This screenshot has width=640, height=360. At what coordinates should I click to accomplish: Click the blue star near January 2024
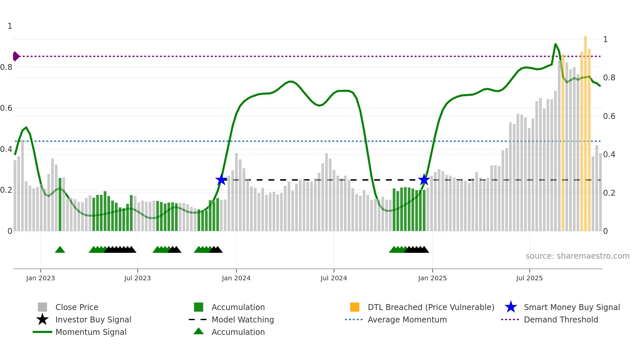(221, 180)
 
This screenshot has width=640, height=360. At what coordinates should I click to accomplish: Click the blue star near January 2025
(424, 180)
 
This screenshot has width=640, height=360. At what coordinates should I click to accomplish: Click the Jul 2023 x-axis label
(137, 278)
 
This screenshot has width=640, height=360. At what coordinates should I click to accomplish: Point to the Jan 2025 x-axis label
(432, 278)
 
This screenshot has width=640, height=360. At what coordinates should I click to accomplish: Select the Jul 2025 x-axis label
(529, 278)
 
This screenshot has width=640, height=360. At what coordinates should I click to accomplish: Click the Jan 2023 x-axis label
(40, 278)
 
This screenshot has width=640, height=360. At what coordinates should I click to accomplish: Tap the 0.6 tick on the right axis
(609, 116)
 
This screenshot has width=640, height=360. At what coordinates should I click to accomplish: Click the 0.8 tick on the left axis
(6, 67)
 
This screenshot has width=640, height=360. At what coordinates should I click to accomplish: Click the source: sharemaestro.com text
(577, 256)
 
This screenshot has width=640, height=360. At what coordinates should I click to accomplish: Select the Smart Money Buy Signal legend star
(511, 307)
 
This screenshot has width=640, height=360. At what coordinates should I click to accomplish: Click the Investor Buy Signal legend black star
(42, 319)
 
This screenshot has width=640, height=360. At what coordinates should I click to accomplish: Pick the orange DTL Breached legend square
(355, 307)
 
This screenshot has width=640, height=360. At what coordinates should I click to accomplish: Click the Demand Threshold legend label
(561, 319)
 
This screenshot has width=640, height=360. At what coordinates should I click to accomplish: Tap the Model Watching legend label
(243, 319)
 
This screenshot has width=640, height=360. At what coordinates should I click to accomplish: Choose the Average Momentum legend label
(407, 319)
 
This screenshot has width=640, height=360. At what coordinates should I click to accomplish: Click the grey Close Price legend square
(42, 307)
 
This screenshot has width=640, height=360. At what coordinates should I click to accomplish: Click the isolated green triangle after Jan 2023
(60, 250)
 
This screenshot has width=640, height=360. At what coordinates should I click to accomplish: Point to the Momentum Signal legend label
(91, 332)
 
